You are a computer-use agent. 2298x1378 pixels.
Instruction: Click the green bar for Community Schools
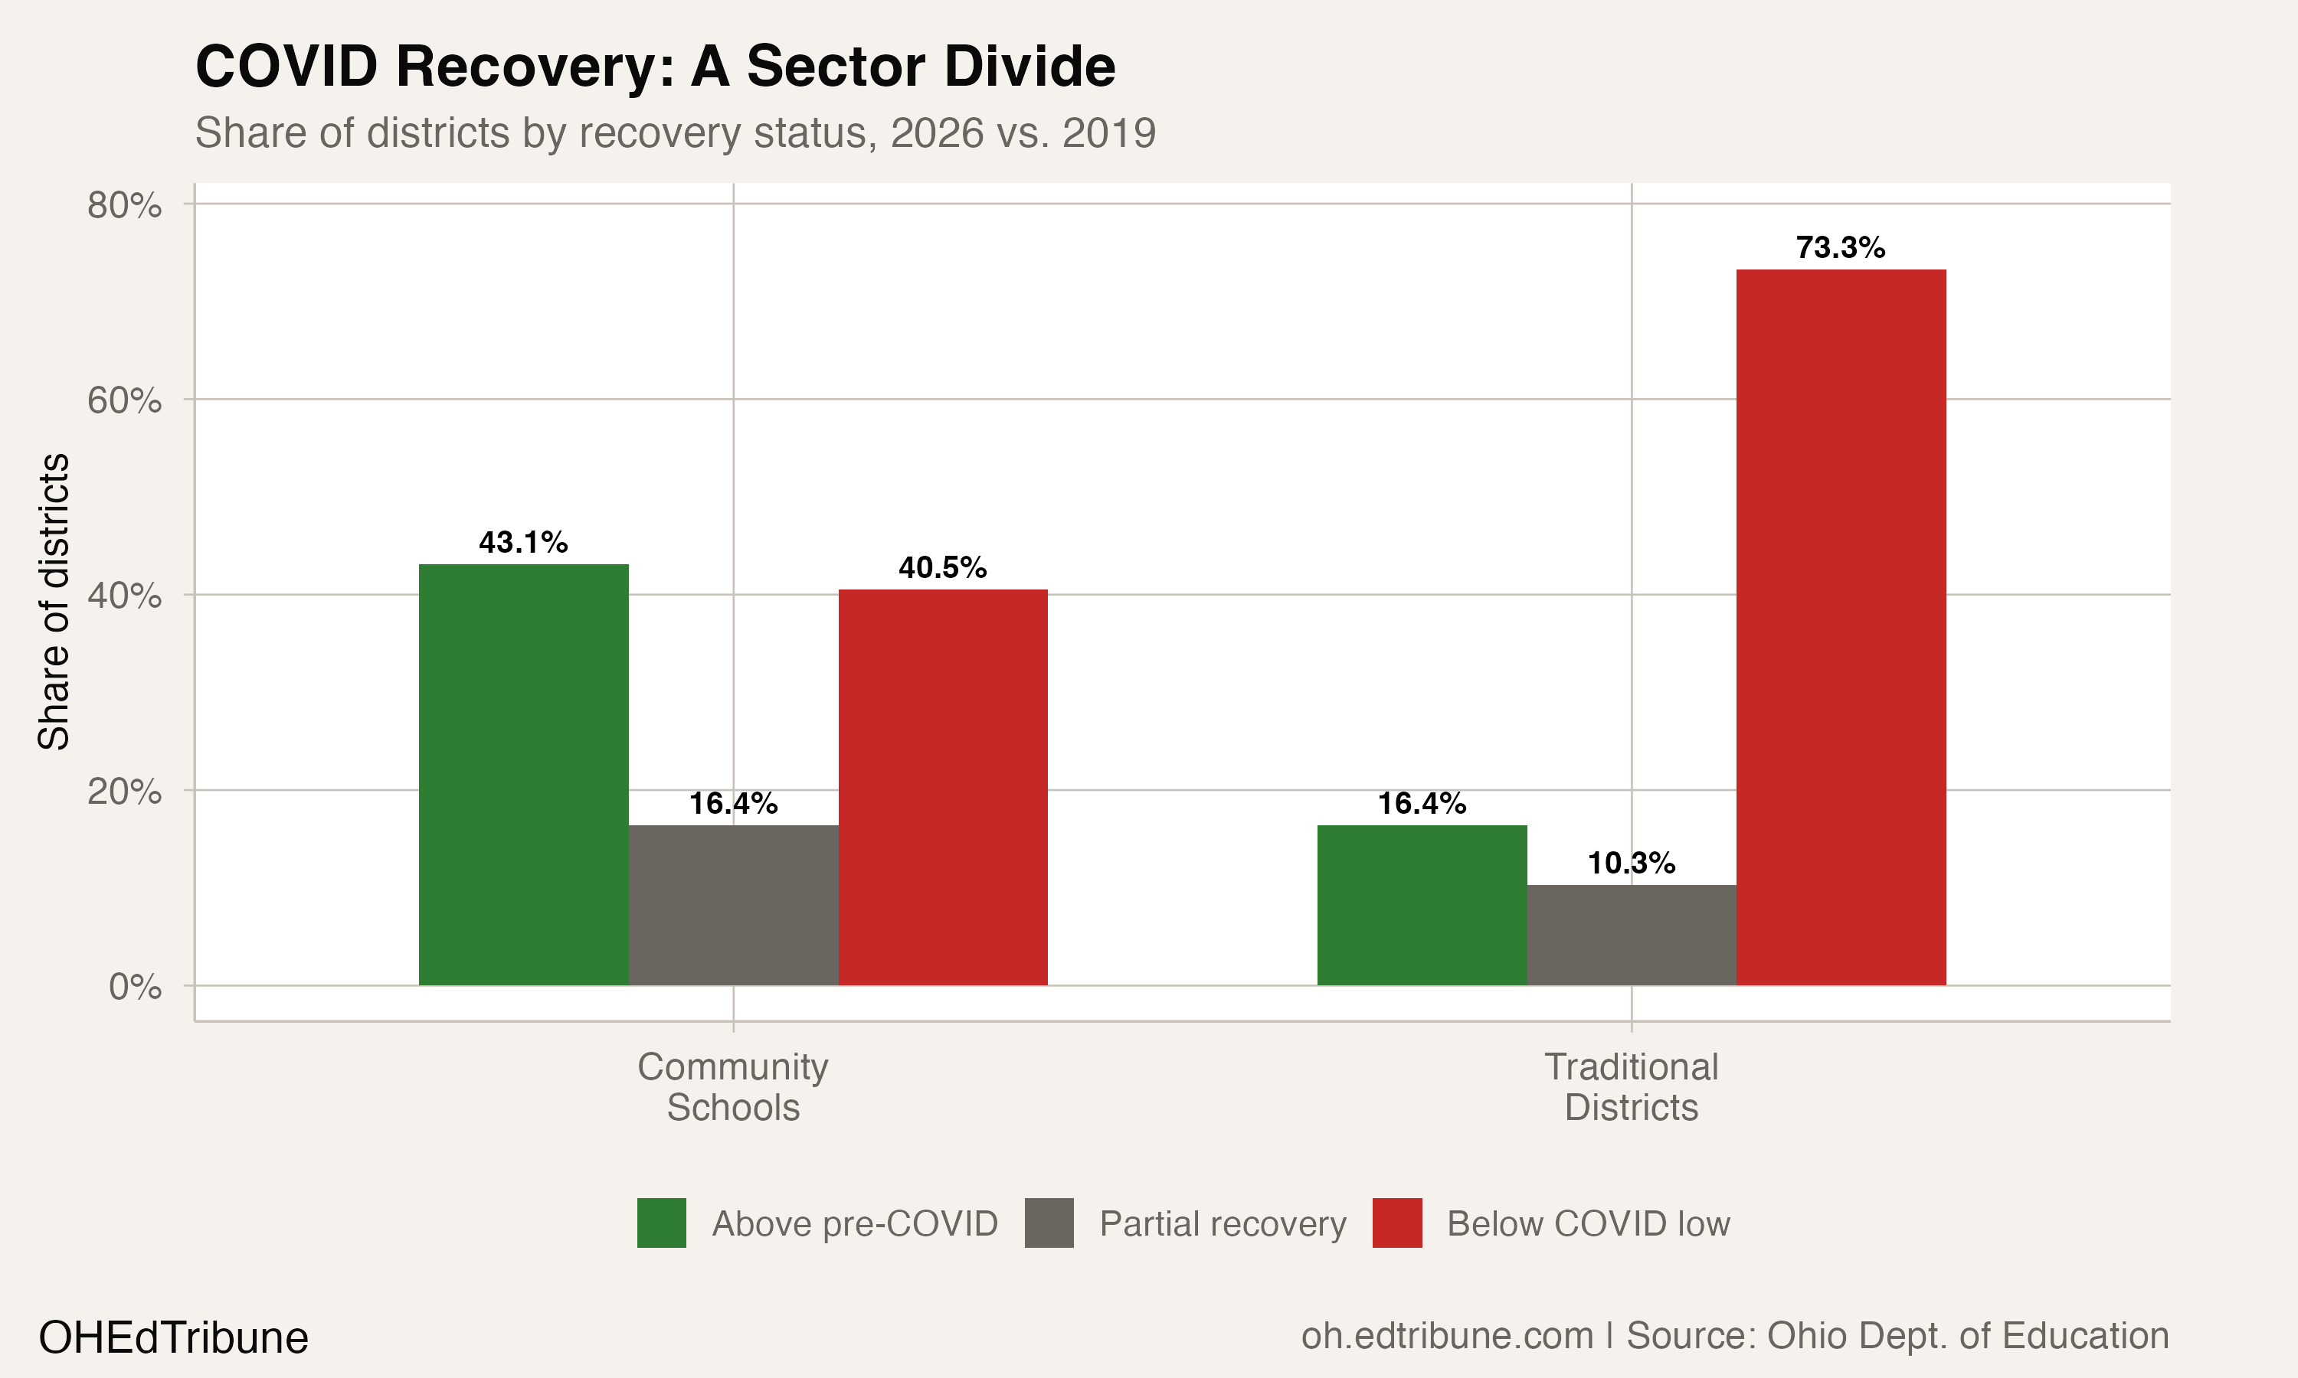coord(523,775)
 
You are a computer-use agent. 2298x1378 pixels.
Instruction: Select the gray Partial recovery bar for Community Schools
coord(733,906)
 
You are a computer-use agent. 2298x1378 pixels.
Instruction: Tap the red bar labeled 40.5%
coord(943,788)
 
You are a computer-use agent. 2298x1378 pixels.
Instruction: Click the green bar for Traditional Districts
coord(1421,906)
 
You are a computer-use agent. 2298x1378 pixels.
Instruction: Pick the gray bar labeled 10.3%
coord(1631,935)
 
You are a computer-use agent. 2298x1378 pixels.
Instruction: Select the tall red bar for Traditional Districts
coord(1840,628)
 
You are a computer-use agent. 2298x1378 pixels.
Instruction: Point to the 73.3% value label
coord(1840,248)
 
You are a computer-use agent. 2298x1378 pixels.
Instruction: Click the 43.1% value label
coord(523,542)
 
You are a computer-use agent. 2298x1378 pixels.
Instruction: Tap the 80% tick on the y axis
coord(124,205)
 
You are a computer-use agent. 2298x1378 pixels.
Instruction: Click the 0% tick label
coord(135,987)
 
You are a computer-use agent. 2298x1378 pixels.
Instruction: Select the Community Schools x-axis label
coord(733,1087)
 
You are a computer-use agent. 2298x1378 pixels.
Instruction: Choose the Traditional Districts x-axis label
coord(1631,1087)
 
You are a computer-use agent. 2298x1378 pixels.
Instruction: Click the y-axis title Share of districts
coord(54,602)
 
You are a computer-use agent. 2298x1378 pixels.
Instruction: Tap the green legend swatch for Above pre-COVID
coord(661,1223)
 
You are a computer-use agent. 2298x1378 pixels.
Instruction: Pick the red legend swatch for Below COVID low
coord(1397,1223)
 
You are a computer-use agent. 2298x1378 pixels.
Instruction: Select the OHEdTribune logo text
coord(174,1337)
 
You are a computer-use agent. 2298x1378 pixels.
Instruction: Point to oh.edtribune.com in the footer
coord(1446,1336)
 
